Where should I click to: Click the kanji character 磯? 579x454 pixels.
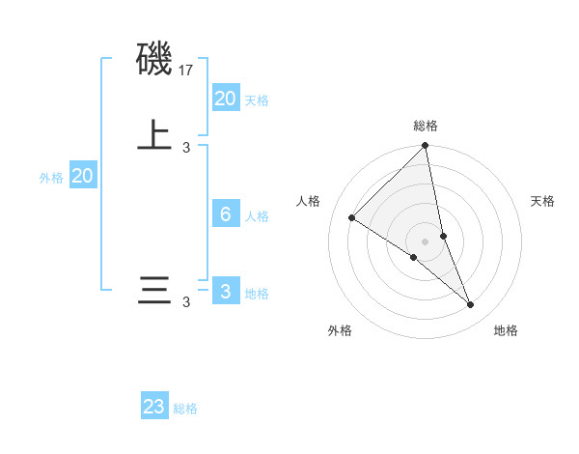click(x=154, y=60)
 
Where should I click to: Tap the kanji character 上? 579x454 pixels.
click(x=154, y=135)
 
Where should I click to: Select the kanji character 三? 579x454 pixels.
click(x=154, y=291)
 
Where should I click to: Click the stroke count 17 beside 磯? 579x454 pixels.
click(x=186, y=71)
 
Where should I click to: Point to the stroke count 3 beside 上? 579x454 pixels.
click(x=186, y=147)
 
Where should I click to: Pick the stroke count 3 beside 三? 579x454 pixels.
click(x=186, y=302)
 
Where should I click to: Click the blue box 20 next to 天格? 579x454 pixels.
click(x=226, y=99)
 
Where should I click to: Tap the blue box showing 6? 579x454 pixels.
click(x=226, y=214)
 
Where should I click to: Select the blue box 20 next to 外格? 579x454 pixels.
click(x=83, y=176)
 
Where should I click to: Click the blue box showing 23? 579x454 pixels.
click(x=154, y=407)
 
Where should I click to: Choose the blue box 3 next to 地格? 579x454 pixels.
click(x=226, y=292)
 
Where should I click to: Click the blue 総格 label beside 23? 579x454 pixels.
click(x=185, y=409)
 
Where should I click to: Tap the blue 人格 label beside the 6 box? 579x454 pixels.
click(x=257, y=216)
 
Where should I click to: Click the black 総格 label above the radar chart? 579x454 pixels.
click(x=425, y=126)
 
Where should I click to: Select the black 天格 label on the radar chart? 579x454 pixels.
click(x=542, y=201)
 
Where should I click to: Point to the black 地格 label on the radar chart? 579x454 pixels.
click(x=506, y=330)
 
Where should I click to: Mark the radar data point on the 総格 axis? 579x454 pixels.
click(x=425, y=147)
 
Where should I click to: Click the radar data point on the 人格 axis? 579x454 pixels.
click(x=352, y=218)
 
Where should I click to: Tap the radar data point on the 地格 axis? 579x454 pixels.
click(x=471, y=305)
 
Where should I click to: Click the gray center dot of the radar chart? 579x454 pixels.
click(x=425, y=241)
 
